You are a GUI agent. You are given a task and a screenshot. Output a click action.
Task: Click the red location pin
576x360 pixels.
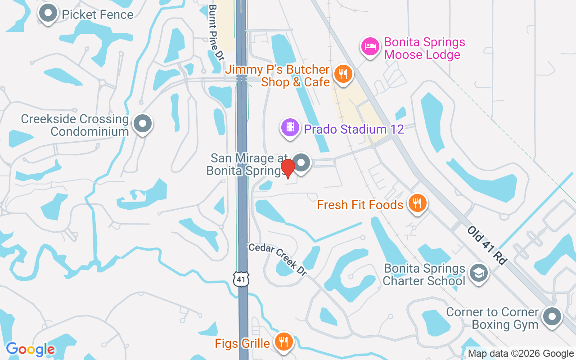[288, 168]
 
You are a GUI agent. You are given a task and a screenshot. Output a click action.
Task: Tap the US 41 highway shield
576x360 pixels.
[242, 279]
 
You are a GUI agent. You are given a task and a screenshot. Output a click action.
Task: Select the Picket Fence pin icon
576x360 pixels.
[48, 14]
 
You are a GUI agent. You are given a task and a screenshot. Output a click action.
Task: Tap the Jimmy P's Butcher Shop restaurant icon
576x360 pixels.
[343, 74]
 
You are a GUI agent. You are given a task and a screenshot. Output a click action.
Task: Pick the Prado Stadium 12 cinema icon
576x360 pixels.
[291, 128]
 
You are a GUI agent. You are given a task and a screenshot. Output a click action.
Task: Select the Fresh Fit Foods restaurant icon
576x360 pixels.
[418, 204]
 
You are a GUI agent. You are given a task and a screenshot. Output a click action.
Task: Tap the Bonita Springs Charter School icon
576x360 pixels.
[478, 273]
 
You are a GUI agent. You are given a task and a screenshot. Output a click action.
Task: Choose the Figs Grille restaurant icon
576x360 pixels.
[283, 342]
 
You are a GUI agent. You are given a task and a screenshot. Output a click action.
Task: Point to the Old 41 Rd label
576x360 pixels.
[487, 245]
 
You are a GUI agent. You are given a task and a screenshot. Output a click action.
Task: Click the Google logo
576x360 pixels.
[31, 349]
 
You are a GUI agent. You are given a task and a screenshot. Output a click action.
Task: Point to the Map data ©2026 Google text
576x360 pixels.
[521, 354]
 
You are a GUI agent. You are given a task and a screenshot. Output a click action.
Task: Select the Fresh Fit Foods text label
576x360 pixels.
[360, 205]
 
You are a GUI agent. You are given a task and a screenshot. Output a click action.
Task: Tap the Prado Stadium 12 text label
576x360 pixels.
[354, 130]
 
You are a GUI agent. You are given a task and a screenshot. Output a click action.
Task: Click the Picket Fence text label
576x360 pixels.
[98, 14]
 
